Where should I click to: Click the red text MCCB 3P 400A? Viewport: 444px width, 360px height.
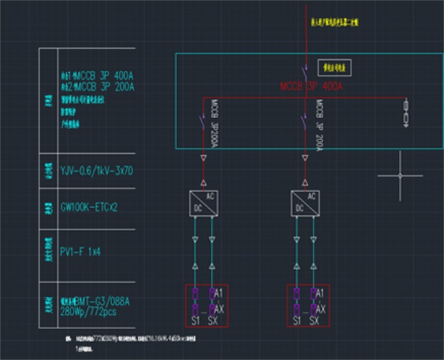(311, 87)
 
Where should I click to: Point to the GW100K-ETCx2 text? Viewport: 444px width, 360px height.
(89, 207)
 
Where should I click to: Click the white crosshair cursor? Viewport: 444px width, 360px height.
(400, 176)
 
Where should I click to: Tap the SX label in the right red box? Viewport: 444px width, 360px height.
(314, 320)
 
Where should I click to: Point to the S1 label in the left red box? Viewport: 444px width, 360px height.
(195, 320)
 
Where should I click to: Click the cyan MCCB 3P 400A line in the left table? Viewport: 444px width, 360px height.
(96, 74)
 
